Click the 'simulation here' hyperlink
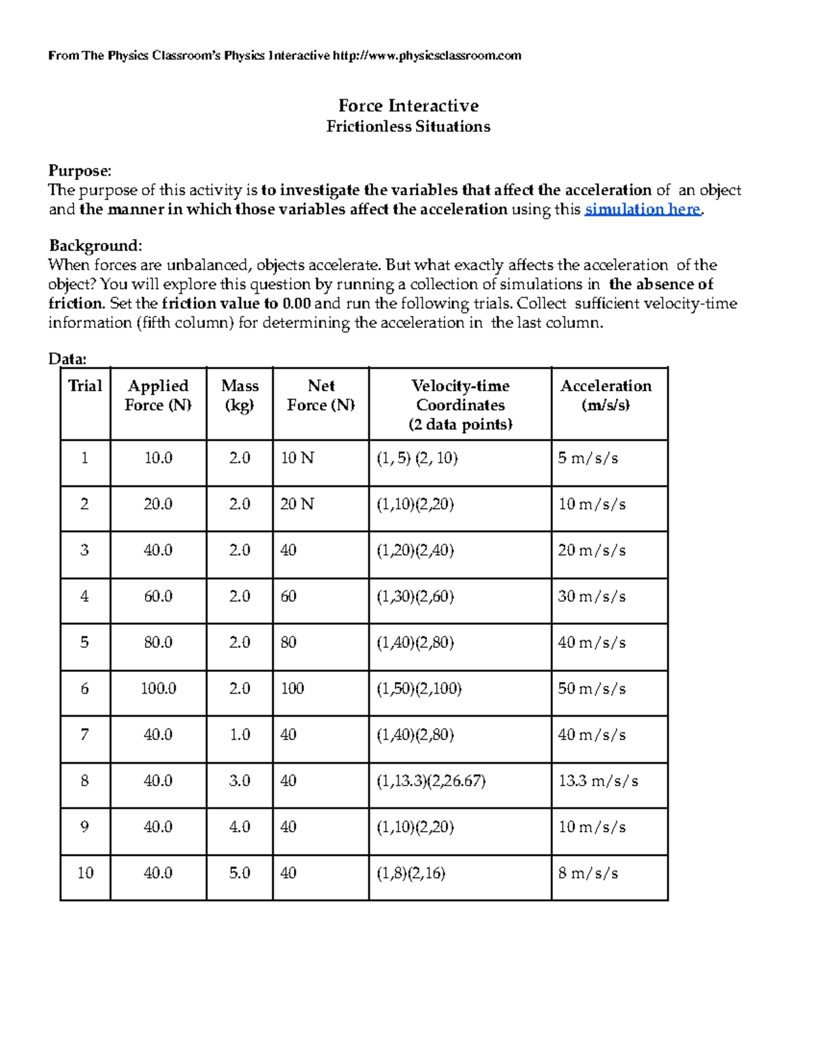pos(643,210)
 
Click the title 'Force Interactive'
pos(408,105)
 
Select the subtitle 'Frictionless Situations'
pos(408,127)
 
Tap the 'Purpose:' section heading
pos(79,171)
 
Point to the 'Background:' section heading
pos(95,246)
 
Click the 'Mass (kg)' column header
pos(240,395)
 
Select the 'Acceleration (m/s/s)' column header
pos(605,395)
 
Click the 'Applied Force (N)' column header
pos(158,395)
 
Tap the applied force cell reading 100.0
pos(158,689)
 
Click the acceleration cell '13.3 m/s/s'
pos(598,781)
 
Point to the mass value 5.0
pos(240,873)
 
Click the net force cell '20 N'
pos(297,504)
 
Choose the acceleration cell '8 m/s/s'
pos(588,873)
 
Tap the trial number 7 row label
pos(84,735)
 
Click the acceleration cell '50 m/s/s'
pos(591,689)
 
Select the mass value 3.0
pos(240,781)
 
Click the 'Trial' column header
pos(85,386)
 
